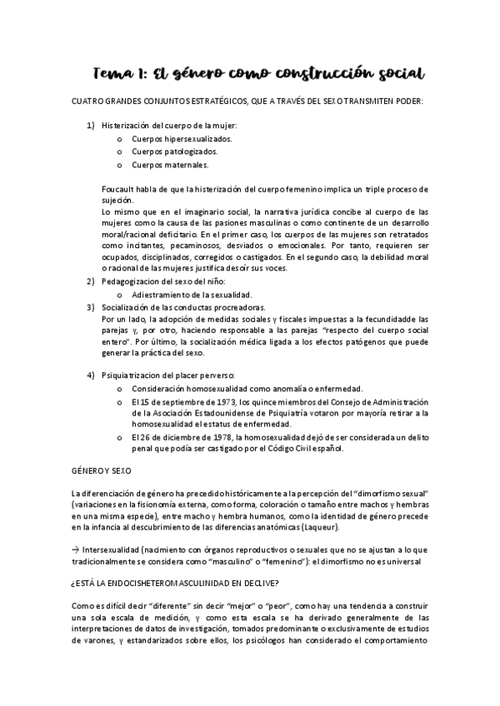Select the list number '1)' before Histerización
[x=92, y=126]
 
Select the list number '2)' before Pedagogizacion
[x=92, y=282]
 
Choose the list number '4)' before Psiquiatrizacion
[x=92, y=375]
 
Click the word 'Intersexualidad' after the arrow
[x=111, y=550]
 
